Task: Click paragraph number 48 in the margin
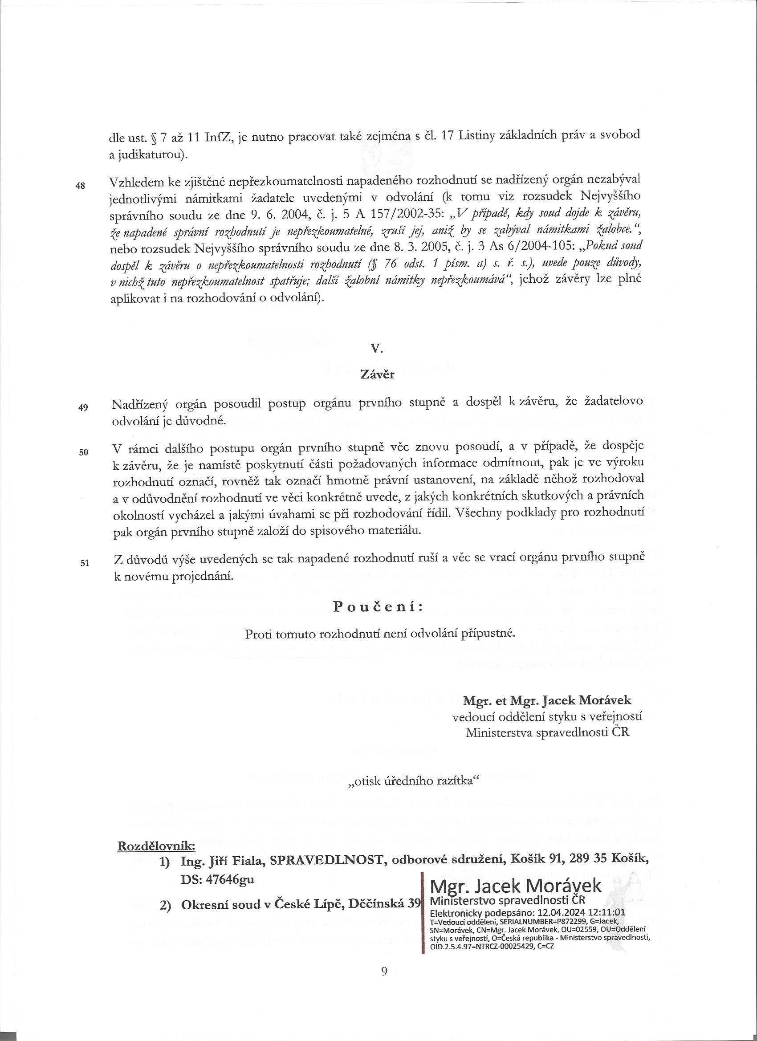[81, 187]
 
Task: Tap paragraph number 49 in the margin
[83, 407]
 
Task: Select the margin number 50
[83, 452]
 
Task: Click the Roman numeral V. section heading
[376, 349]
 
